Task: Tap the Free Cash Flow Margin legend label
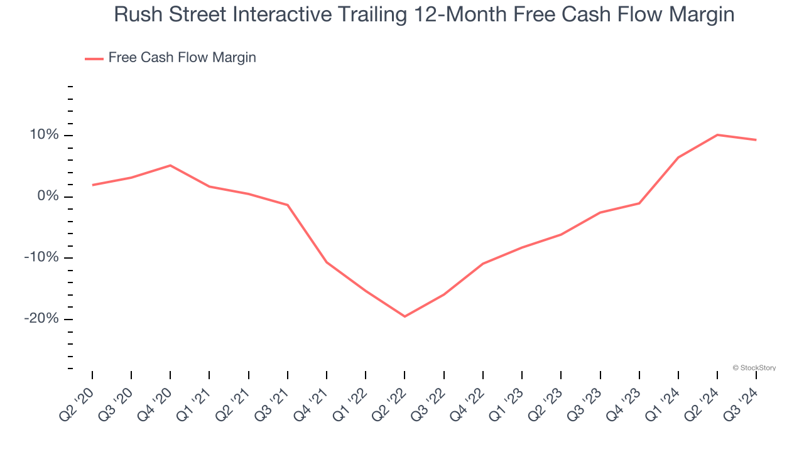[182, 58]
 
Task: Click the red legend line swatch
[94, 58]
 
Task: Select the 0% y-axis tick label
[48, 196]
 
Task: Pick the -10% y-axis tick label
[41, 258]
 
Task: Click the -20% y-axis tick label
[41, 319]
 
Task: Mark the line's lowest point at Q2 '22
[405, 316]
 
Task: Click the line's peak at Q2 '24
[717, 135]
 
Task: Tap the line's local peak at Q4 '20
[170, 165]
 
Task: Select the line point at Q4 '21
[327, 262]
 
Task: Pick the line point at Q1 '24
[678, 157]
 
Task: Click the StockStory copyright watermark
[754, 368]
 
